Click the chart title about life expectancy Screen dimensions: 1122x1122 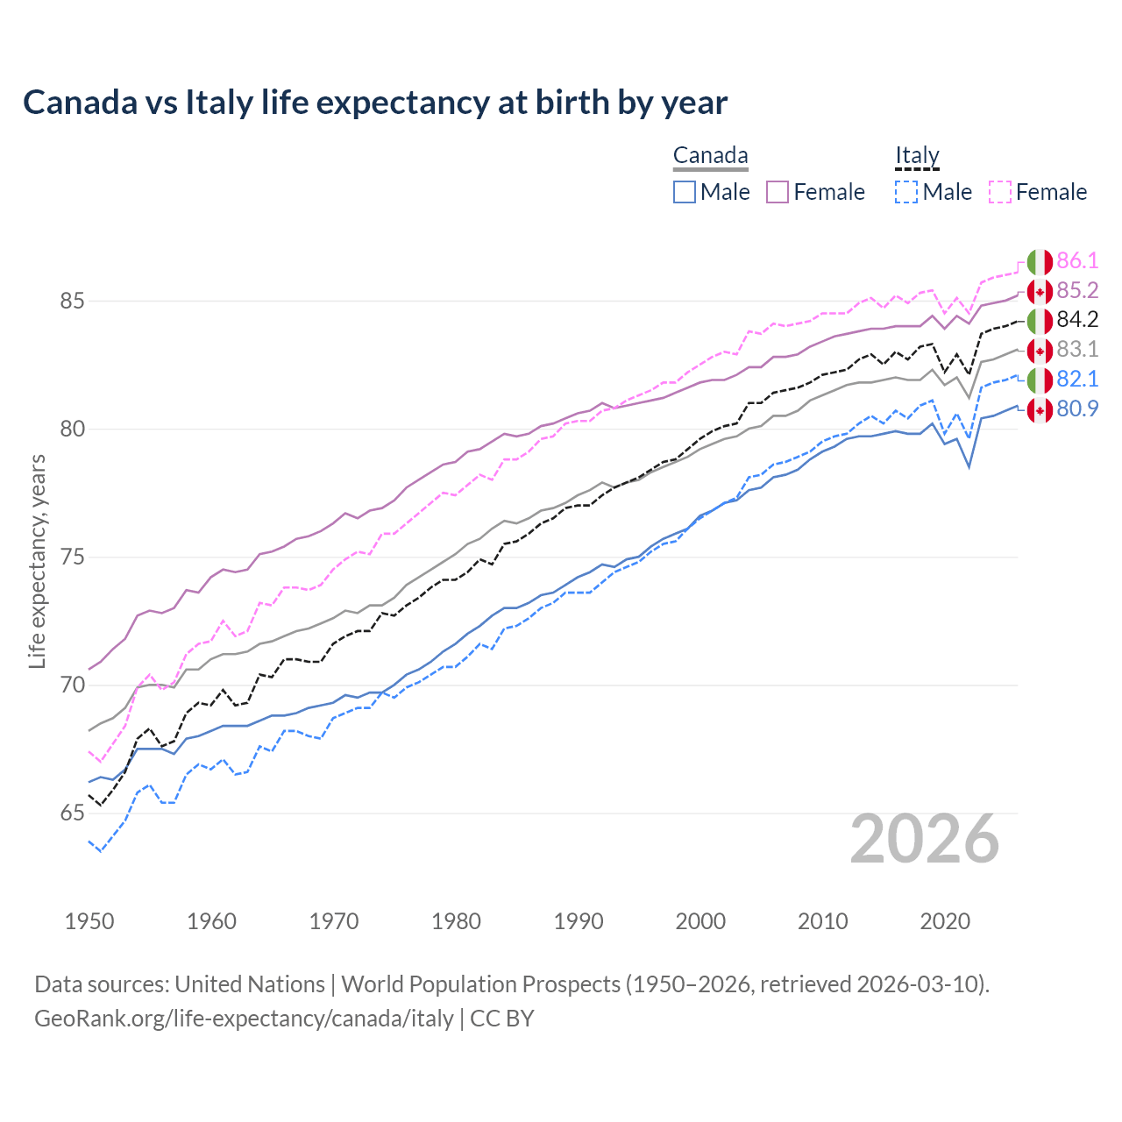pos(375,103)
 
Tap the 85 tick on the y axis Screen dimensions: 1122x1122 pos(72,302)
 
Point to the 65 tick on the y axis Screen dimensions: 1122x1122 pos(72,813)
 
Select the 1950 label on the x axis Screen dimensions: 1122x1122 pos(89,921)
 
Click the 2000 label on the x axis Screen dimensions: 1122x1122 pos(700,921)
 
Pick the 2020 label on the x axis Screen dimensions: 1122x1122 pos(945,921)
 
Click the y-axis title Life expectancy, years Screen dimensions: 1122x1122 pos(38,561)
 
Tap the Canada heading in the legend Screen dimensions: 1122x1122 pos(710,156)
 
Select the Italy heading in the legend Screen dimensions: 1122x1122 pos(917,156)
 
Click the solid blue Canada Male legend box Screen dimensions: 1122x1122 pos(685,192)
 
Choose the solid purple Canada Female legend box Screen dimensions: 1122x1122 pos(778,192)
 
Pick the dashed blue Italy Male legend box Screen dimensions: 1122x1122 pos(906,192)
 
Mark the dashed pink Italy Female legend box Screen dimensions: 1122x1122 pos(1000,192)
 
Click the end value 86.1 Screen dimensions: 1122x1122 pos(1077,261)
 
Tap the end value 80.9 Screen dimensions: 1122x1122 pos(1077,409)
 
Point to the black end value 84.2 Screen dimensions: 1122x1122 pos(1077,320)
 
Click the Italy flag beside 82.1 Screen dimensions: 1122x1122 pos(1040,380)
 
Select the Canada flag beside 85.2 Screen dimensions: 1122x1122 pos(1040,291)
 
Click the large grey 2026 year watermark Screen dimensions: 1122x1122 pos(925,839)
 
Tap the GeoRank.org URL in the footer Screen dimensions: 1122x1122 pos(244,1019)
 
